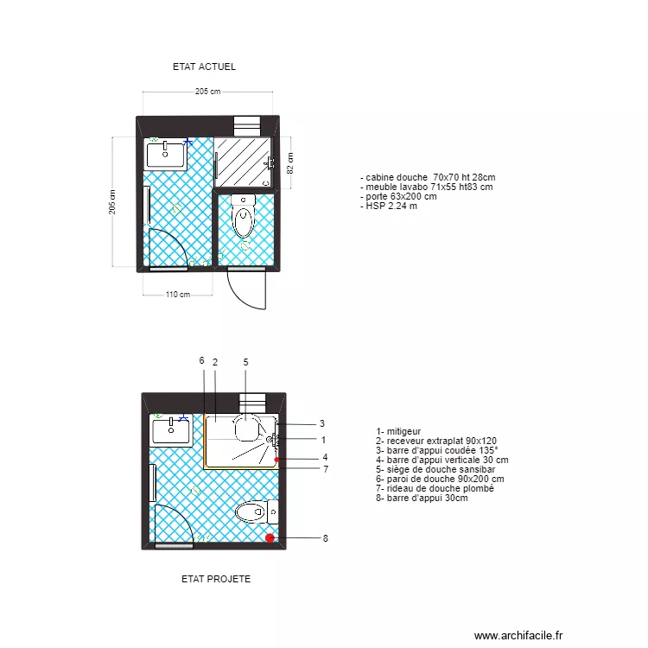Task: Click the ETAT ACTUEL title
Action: (x=204, y=67)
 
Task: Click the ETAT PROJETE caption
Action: (x=216, y=579)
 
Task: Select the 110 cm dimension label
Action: (x=178, y=295)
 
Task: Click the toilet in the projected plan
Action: (x=254, y=513)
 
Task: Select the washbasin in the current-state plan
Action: (x=166, y=155)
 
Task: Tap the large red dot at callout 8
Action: (x=270, y=538)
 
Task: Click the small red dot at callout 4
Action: (x=276, y=461)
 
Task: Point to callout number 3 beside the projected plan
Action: (x=322, y=423)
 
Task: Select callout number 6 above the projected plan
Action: (x=201, y=360)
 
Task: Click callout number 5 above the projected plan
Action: (x=245, y=361)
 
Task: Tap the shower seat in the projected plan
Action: (x=248, y=422)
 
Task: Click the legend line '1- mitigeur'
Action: (x=398, y=431)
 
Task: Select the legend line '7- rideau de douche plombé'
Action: (x=435, y=488)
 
